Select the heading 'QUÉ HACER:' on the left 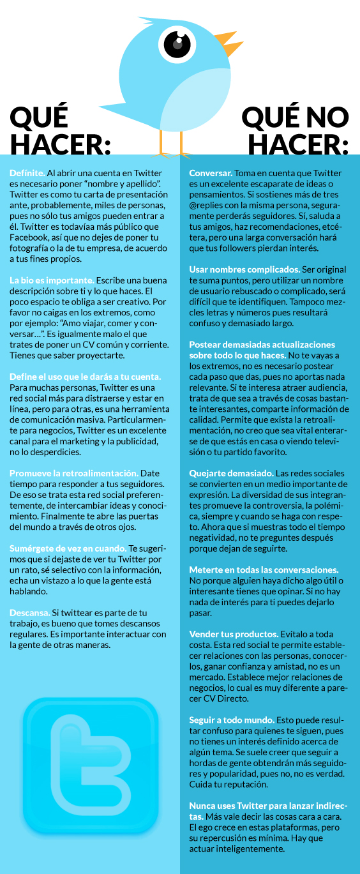point(60,131)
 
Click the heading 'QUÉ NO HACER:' point(295,131)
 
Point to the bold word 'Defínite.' point(27,173)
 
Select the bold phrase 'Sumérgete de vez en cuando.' point(68,548)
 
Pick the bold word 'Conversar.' point(211,173)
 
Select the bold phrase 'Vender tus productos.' point(234,616)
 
